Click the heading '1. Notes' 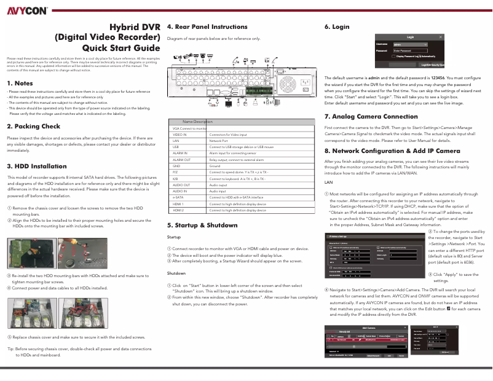coord(20,83)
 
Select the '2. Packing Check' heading coord(33,127)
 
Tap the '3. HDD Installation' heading coord(36,166)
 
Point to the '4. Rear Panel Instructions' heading coord(207,27)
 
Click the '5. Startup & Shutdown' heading coord(202,226)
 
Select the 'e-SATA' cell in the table coord(179,197)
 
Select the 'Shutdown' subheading coord(177,272)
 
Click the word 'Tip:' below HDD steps coord(10,348)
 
